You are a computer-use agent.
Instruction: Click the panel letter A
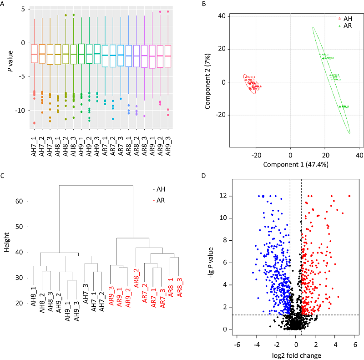pos(4,4)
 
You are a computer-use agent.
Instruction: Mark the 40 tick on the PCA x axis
pos(359,155)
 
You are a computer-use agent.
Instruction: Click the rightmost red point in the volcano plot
pos(349,196)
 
